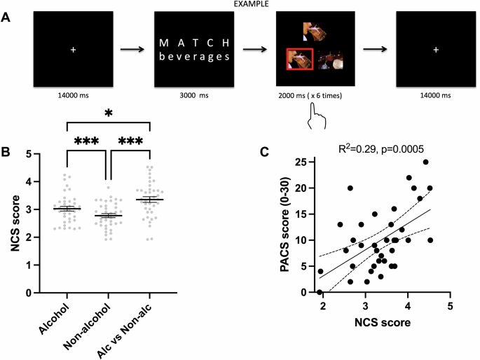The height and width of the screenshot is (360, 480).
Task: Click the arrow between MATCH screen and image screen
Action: (x=256, y=50)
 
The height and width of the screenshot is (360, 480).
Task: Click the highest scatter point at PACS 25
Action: (x=425, y=162)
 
